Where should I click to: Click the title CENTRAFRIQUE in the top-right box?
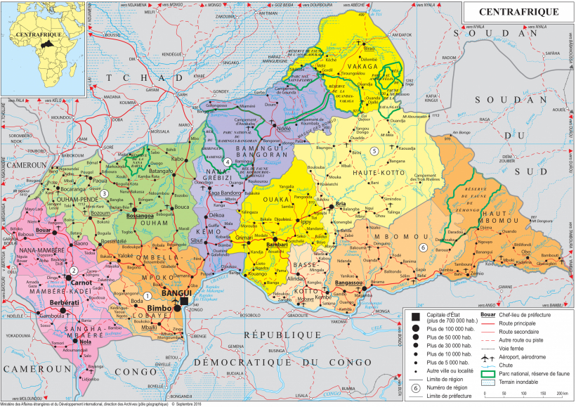[518, 12]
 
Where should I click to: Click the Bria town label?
[342, 204]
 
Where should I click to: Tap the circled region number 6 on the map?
[423, 247]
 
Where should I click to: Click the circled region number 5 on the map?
[374, 150]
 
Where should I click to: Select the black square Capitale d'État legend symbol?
[415, 316]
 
